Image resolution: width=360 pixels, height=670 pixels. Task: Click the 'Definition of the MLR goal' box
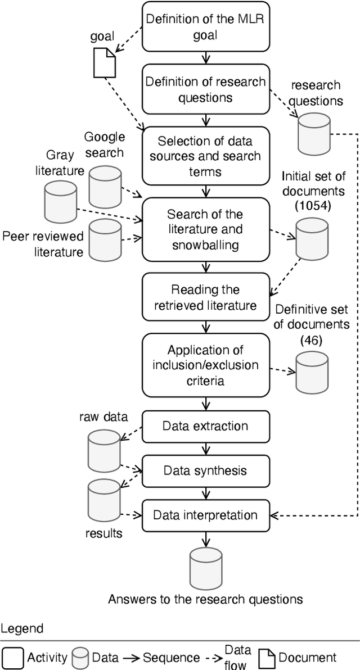[x=205, y=26]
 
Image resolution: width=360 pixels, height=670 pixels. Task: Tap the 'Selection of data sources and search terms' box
[x=205, y=148]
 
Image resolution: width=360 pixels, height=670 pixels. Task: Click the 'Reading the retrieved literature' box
[x=205, y=298]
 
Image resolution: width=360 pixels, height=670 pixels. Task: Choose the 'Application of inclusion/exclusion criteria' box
[x=205, y=365]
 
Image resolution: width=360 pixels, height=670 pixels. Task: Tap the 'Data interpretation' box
[x=205, y=515]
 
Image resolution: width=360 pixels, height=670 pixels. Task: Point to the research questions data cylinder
[x=312, y=134]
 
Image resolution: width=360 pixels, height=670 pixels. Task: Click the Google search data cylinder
[x=105, y=172]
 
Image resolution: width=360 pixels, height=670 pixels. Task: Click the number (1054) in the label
[x=313, y=206]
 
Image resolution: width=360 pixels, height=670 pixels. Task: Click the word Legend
[x=21, y=628]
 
